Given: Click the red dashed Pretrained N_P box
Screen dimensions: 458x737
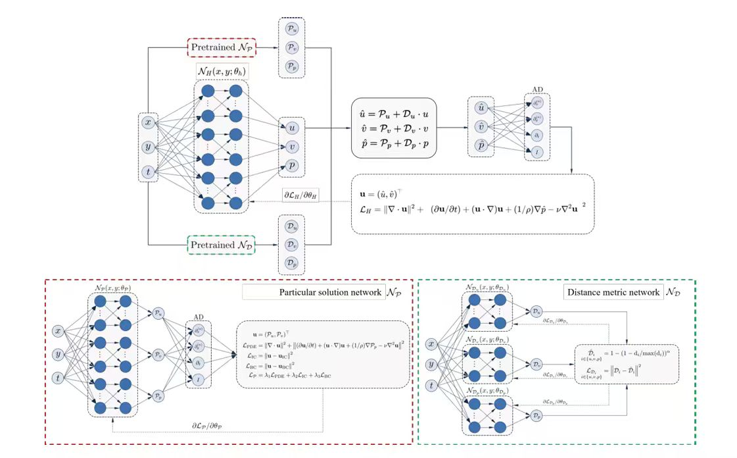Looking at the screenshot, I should coord(222,47).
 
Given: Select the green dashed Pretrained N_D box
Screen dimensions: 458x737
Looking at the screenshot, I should coord(222,245).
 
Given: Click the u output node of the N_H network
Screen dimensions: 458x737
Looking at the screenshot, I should coord(293,128).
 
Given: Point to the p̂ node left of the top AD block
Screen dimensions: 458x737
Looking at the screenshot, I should coord(482,145).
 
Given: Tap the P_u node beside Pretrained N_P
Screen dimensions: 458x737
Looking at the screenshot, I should coord(292,28).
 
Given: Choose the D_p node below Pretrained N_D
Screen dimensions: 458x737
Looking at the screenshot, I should coord(292,263).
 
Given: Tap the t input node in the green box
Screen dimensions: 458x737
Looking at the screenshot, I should coord(432,386).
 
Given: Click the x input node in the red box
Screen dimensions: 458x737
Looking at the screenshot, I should coord(59,330).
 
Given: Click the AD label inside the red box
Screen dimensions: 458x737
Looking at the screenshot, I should coord(200,315).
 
